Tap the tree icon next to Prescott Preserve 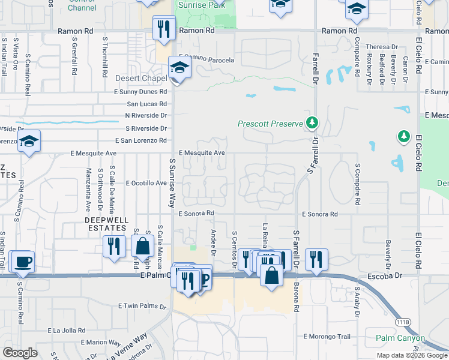(x=312, y=124)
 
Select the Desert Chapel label (x=141, y=79)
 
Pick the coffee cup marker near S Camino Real (x=23, y=262)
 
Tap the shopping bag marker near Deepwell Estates (x=142, y=247)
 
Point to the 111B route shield (x=402, y=322)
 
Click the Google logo (x=20, y=352)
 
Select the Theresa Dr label (x=382, y=47)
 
